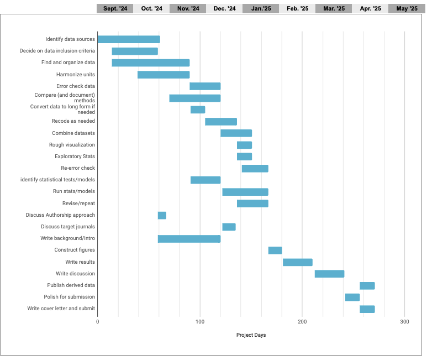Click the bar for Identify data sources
point(129,39)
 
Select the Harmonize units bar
point(164,75)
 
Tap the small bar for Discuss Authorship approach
point(162,215)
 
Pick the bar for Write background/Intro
point(189,239)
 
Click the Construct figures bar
point(275,251)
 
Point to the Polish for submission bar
point(352,297)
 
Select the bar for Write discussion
point(329,274)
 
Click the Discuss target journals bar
point(229,227)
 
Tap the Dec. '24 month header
point(224,8)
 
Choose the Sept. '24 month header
point(115,8)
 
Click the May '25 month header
point(407,8)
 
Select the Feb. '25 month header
point(297,8)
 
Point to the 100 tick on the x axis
point(200,321)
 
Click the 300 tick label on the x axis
point(404,321)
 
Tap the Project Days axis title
point(251,335)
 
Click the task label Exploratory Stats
point(75,156)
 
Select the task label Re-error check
point(78,168)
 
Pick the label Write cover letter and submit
point(61,309)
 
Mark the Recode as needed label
point(73,121)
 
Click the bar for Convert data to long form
point(198,109)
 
